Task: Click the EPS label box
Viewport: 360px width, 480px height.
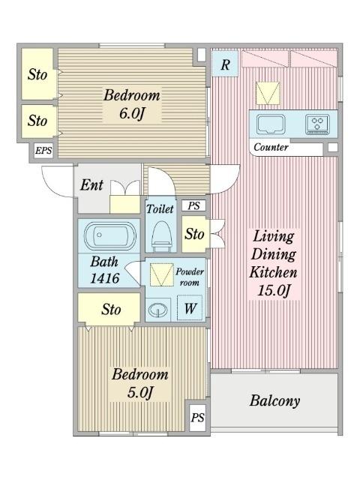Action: click(x=43, y=151)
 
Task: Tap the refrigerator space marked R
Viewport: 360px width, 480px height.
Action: click(x=225, y=64)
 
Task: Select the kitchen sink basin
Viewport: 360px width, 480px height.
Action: click(x=271, y=124)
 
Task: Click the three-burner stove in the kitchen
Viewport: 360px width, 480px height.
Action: click(x=317, y=124)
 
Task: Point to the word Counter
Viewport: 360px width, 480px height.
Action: click(x=271, y=147)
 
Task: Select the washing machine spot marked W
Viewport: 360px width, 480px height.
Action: click(x=190, y=308)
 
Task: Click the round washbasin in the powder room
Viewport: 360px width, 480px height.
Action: click(x=158, y=310)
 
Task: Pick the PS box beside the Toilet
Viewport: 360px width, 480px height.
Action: click(x=193, y=205)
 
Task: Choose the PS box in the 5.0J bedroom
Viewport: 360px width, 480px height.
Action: click(x=197, y=418)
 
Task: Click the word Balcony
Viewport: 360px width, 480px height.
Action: click(x=274, y=400)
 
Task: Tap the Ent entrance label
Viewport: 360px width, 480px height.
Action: click(x=91, y=185)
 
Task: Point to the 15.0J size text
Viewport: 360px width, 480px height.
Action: click(x=273, y=290)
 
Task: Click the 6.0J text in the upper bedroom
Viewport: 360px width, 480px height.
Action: click(x=132, y=113)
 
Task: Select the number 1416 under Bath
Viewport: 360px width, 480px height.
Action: click(x=105, y=278)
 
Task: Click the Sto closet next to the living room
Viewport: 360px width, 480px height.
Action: click(x=193, y=234)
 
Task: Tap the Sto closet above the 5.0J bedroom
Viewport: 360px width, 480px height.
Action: click(x=109, y=309)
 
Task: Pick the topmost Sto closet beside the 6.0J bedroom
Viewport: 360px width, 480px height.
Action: click(x=37, y=74)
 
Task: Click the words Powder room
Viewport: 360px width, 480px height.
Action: click(x=190, y=277)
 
